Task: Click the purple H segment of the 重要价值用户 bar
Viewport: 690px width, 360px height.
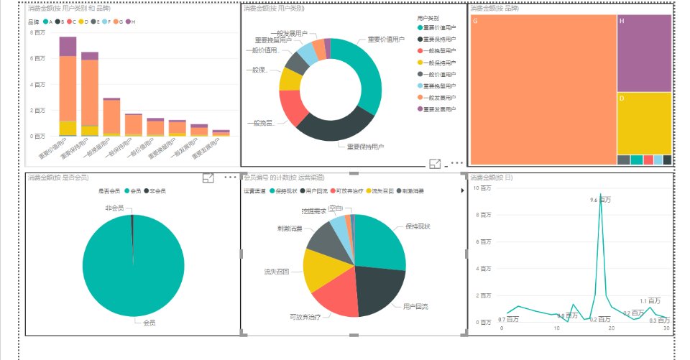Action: coord(68,46)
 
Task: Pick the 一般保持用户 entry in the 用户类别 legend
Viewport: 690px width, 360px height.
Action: coord(437,63)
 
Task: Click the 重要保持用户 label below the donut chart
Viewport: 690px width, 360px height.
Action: coord(365,147)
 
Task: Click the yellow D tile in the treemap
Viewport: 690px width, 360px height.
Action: coord(644,122)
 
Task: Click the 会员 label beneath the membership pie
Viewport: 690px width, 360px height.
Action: coord(149,323)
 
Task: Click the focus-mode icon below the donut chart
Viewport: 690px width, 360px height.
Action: coord(435,164)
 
